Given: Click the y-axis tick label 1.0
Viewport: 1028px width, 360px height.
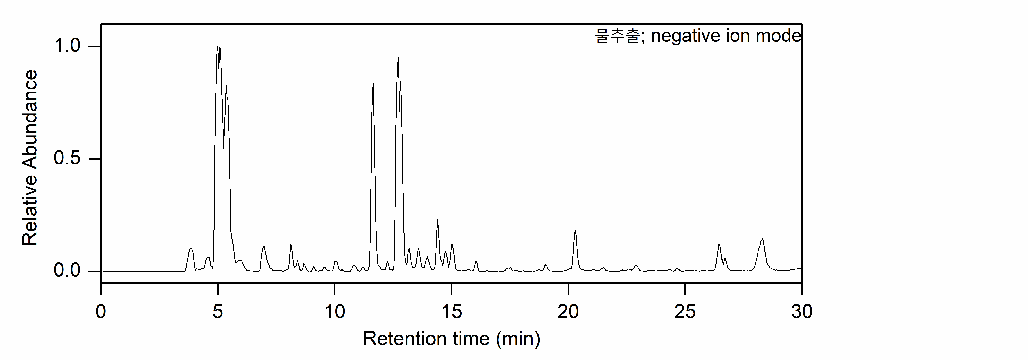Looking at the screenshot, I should (67, 46).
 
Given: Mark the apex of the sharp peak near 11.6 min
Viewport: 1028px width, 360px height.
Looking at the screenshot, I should (373, 84).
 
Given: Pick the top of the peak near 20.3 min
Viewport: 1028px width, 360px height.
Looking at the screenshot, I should (575, 231).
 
